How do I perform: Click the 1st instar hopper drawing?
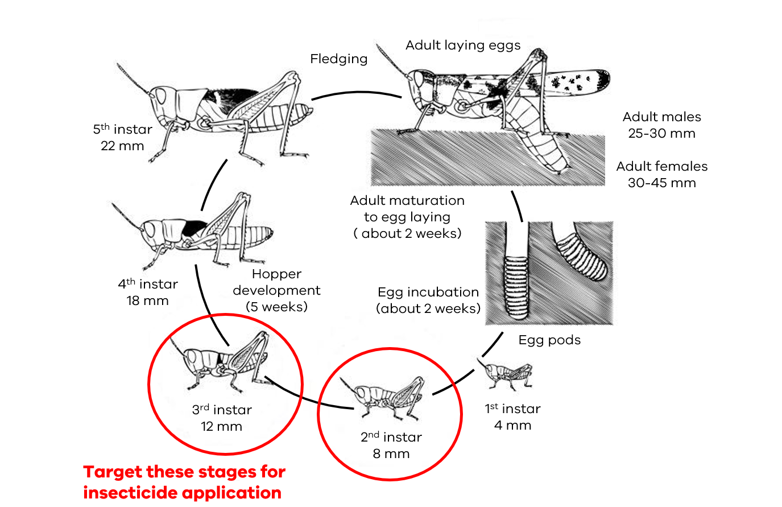click(x=507, y=374)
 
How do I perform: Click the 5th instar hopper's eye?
click(x=161, y=95)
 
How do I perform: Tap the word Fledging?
click(x=338, y=59)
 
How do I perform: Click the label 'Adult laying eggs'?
click(x=462, y=45)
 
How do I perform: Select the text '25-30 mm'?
click(x=661, y=134)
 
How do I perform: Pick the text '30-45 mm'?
click(x=661, y=183)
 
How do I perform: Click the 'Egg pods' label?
click(x=549, y=340)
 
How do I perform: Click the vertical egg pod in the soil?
click(x=517, y=287)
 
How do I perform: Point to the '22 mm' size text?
click(x=122, y=146)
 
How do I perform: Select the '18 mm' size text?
click(x=147, y=301)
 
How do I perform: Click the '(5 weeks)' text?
click(x=276, y=307)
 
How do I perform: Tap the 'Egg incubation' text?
click(x=428, y=292)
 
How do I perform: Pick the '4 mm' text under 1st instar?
click(x=512, y=426)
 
